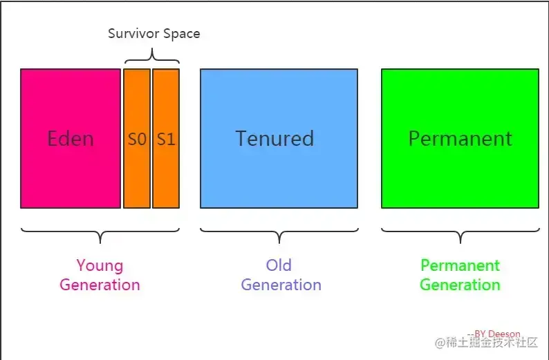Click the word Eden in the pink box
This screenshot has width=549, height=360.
[x=71, y=138]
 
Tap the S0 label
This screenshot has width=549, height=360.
[x=137, y=139]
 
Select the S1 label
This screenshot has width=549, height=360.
[x=166, y=139]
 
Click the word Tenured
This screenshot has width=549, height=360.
[x=274, y=138]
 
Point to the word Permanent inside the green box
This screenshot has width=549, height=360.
[x=460, y=138]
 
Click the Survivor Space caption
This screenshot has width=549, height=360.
[x=153, y=33]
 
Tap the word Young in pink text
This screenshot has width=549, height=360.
[x=100, y=265]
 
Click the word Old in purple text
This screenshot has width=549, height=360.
[x=279, y=265]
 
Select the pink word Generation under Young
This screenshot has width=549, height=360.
[x=100, y=284]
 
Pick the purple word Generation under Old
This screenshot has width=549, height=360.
[x=281, y=284]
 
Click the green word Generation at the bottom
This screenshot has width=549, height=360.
[x=460, y=284]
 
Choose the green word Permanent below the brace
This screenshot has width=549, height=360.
[x=460, y=265]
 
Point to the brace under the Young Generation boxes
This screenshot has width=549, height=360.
[x=100, y=234]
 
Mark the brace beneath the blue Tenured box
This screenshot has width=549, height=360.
[x=279, y=234]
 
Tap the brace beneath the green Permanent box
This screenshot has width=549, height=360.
[x=460, y=234]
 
